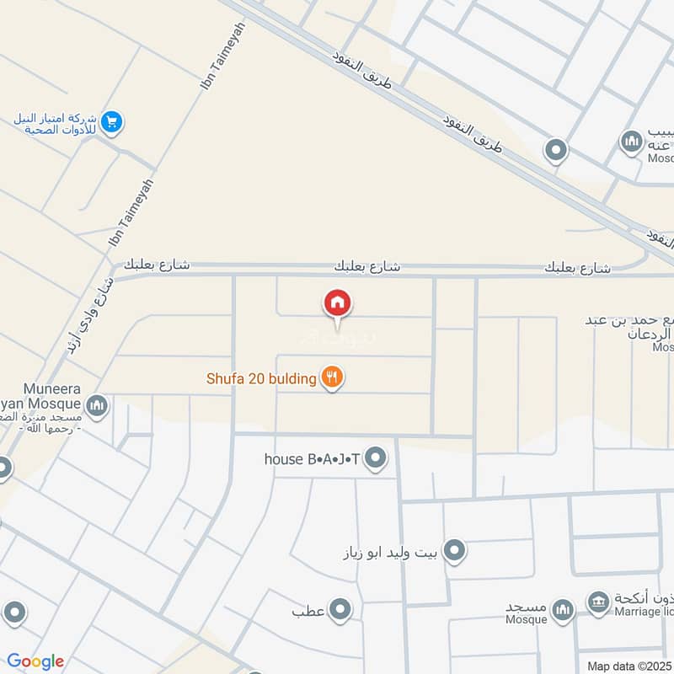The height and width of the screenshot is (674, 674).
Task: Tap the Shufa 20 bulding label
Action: pyautogui.click(x=261, y=378)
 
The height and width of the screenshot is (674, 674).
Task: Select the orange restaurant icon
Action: pyautogui.click(x=333, y=378)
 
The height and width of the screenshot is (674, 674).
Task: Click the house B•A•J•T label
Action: pyautogui.click(x=312, y=458)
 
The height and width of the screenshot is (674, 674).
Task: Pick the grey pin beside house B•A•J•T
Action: pyautogui.click(x=377, y=458)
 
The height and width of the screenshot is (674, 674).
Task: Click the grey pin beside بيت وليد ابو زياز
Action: pyautogui.click(x=455, y=551)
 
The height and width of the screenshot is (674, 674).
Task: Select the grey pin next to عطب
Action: pyautogui.click(x=340, y=608)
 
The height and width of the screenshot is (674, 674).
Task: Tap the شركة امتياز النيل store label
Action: pyautogui.click(x=52, y=125)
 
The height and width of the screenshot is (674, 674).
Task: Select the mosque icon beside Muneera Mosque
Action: pyautogui.click(x=98, y=407)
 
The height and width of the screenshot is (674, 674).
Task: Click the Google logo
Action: pyautogui.click(x=35, y=661)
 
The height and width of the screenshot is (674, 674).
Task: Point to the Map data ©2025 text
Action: pyautogui.click(x=629, y=666)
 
